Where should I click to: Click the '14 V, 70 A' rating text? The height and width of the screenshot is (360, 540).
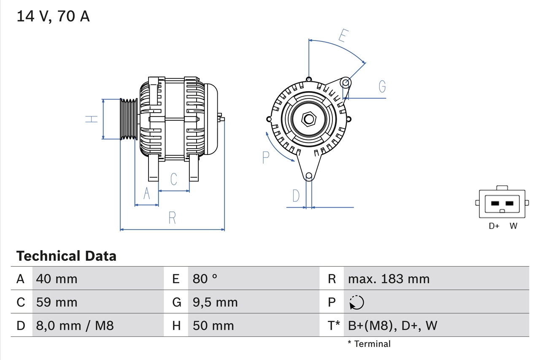[x=53, y=16]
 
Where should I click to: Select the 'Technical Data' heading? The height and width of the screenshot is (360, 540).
[x=66, y=256]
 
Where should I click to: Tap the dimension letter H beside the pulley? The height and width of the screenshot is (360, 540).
[x=92, y=119]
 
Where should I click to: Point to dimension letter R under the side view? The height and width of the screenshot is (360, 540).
[x=172, y=218]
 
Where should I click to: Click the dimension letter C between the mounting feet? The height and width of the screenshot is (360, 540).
[x=174, y=179]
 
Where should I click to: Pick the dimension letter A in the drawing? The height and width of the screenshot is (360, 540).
[x=147, y=193]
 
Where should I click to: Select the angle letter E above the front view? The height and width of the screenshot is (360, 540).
[x=343, y=36]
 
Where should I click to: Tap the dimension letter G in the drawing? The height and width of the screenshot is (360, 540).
[x=382, y=87]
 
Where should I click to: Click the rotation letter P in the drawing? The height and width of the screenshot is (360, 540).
[x=265, y=157]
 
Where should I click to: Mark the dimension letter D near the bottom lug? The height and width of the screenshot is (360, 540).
[x=296, y=196]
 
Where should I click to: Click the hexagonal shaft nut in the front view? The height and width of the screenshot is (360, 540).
[x=309, y=119]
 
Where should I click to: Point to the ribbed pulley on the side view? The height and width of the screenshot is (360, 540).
[x=129, y=119]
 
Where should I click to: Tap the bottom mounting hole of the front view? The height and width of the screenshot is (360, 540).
[x=309, y=176]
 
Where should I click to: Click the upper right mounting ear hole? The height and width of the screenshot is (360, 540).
[x=346, y=82]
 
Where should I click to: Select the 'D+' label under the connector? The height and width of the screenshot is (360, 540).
[x=494, y=226]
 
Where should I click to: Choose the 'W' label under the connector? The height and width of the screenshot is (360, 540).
[x=513, y=226]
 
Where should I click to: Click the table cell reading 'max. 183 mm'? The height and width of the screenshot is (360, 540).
[x=389, y=279]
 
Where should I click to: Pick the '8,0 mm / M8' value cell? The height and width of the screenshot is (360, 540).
[x=75, y=325]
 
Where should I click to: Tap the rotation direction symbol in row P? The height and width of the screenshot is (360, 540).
[x=356, y=302]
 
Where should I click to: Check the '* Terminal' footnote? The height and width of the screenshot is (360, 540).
[x=369, y=344]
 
